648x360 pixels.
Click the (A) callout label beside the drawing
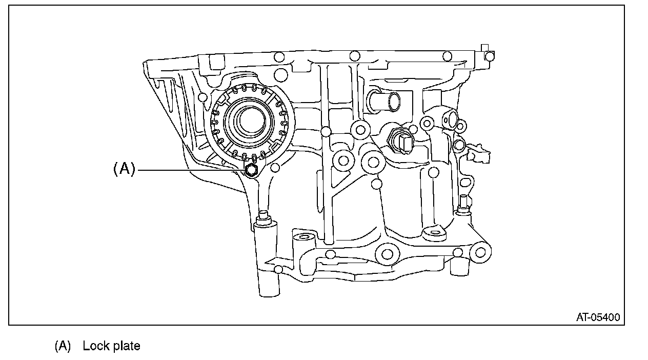tap(124, 169)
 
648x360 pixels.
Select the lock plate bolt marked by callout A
tap(251, 170)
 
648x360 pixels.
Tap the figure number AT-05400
tap(597, 317)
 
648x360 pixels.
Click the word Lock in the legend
tap(96, 346)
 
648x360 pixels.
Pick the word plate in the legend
tap(126, 346)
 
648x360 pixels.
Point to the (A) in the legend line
tap(63, 346)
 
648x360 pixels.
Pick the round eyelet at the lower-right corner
tap(480, 252)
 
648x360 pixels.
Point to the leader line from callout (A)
tap(190, 169)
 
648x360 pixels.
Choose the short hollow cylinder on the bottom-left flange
tap(302, 237)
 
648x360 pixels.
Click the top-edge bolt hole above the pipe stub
tap(354, 56)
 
